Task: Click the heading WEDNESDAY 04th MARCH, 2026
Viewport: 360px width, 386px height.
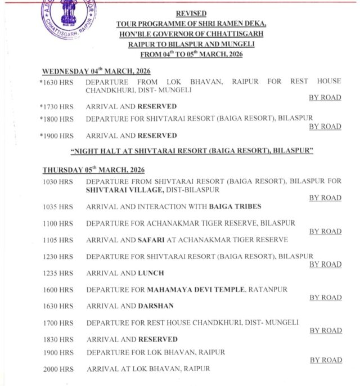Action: pos(96,71)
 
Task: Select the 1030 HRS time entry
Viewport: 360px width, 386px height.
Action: pos(58,181)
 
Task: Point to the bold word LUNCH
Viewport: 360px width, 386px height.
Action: pos(151,273)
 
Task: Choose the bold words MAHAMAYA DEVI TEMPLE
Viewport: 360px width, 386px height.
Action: pos(196,289)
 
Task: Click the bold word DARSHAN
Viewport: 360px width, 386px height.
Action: pos(156,306)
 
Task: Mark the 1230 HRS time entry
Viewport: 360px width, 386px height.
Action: pos(58,257)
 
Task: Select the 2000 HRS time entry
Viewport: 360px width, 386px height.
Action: pos(58,369)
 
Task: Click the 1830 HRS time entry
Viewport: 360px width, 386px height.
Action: pos(58,339)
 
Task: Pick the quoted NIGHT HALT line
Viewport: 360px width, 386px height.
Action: pos(192,152)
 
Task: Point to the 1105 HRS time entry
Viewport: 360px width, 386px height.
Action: pos(58,240)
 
